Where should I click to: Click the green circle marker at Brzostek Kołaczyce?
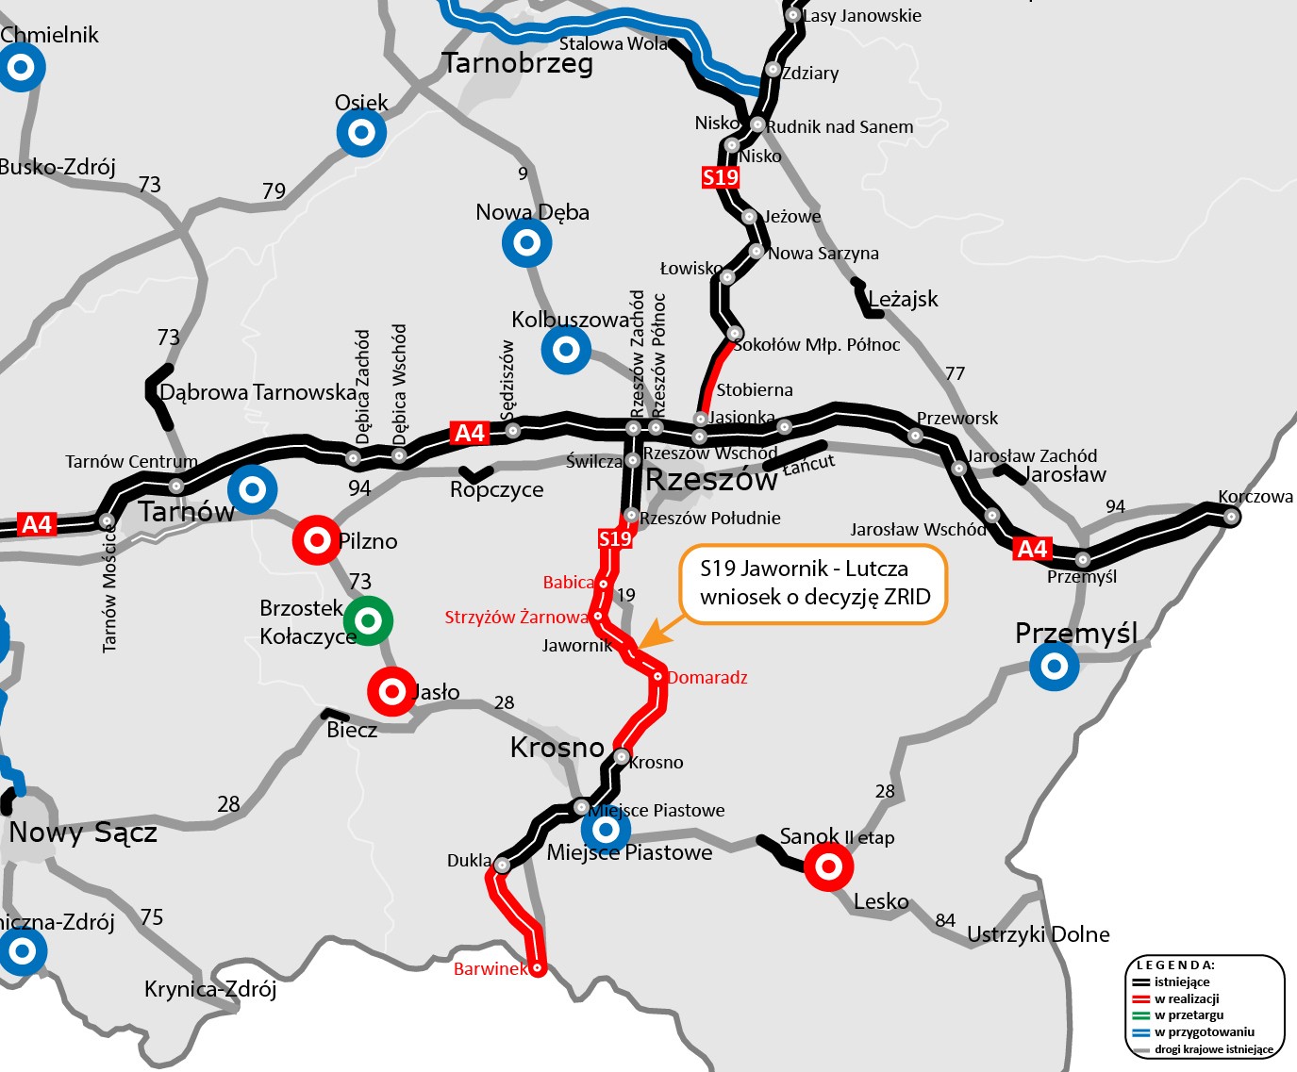(368, 620)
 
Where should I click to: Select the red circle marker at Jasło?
(391, 691)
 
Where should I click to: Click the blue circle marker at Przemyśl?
(1055, 667)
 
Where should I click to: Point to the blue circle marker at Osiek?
(361, 133)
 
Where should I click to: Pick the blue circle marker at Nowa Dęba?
(527, 242)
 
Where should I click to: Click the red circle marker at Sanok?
(828, 866)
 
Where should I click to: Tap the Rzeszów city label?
(711, 480)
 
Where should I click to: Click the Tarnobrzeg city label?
(518, 63)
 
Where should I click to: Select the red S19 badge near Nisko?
(721, 177)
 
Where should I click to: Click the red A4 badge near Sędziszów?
(470, 433)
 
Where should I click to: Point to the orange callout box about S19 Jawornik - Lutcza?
(813, 584)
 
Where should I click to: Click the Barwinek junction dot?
(537, 967)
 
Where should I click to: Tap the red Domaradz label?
(707, 678)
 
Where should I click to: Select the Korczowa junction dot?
(1231, 515)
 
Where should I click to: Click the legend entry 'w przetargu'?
(1189, 1015)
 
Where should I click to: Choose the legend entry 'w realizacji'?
(1187, 998)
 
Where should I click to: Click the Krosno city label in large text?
(557, 748)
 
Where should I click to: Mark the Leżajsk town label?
(903, 300)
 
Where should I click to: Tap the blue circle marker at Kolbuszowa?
(566, 350)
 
